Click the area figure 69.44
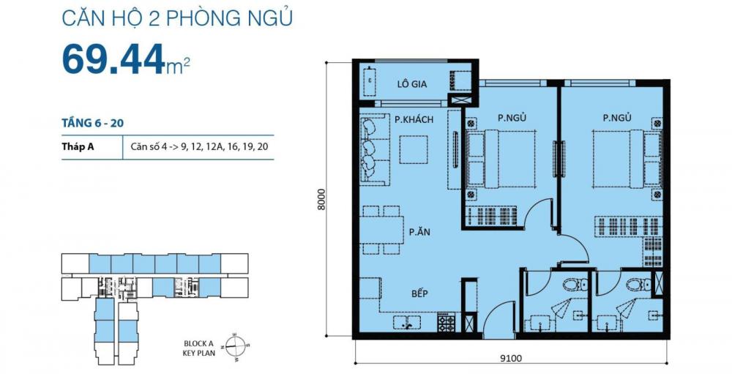click(x=113, y=59)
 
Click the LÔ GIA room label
click(x=413, y=83)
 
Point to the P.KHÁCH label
click(x=414, y=119)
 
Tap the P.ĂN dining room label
click(x=419, y=232)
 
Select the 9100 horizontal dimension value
click(x=510, y=358)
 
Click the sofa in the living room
click(x=373, y=149)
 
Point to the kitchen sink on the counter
click(x=406, y=321)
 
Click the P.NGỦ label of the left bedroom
click(x=512, y=118)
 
